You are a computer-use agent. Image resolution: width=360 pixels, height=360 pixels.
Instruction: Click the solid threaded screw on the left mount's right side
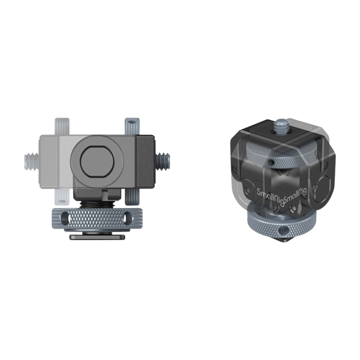coord(163,160)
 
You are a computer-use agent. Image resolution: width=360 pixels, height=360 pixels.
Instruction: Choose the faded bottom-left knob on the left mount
coord(61,194)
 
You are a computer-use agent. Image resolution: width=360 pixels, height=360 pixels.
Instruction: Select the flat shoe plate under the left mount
coord(97,236)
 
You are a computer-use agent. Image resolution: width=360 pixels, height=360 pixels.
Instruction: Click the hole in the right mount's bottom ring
coord(280,231)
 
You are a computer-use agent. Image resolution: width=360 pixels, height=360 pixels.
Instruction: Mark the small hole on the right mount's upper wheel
coord(271,162)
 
